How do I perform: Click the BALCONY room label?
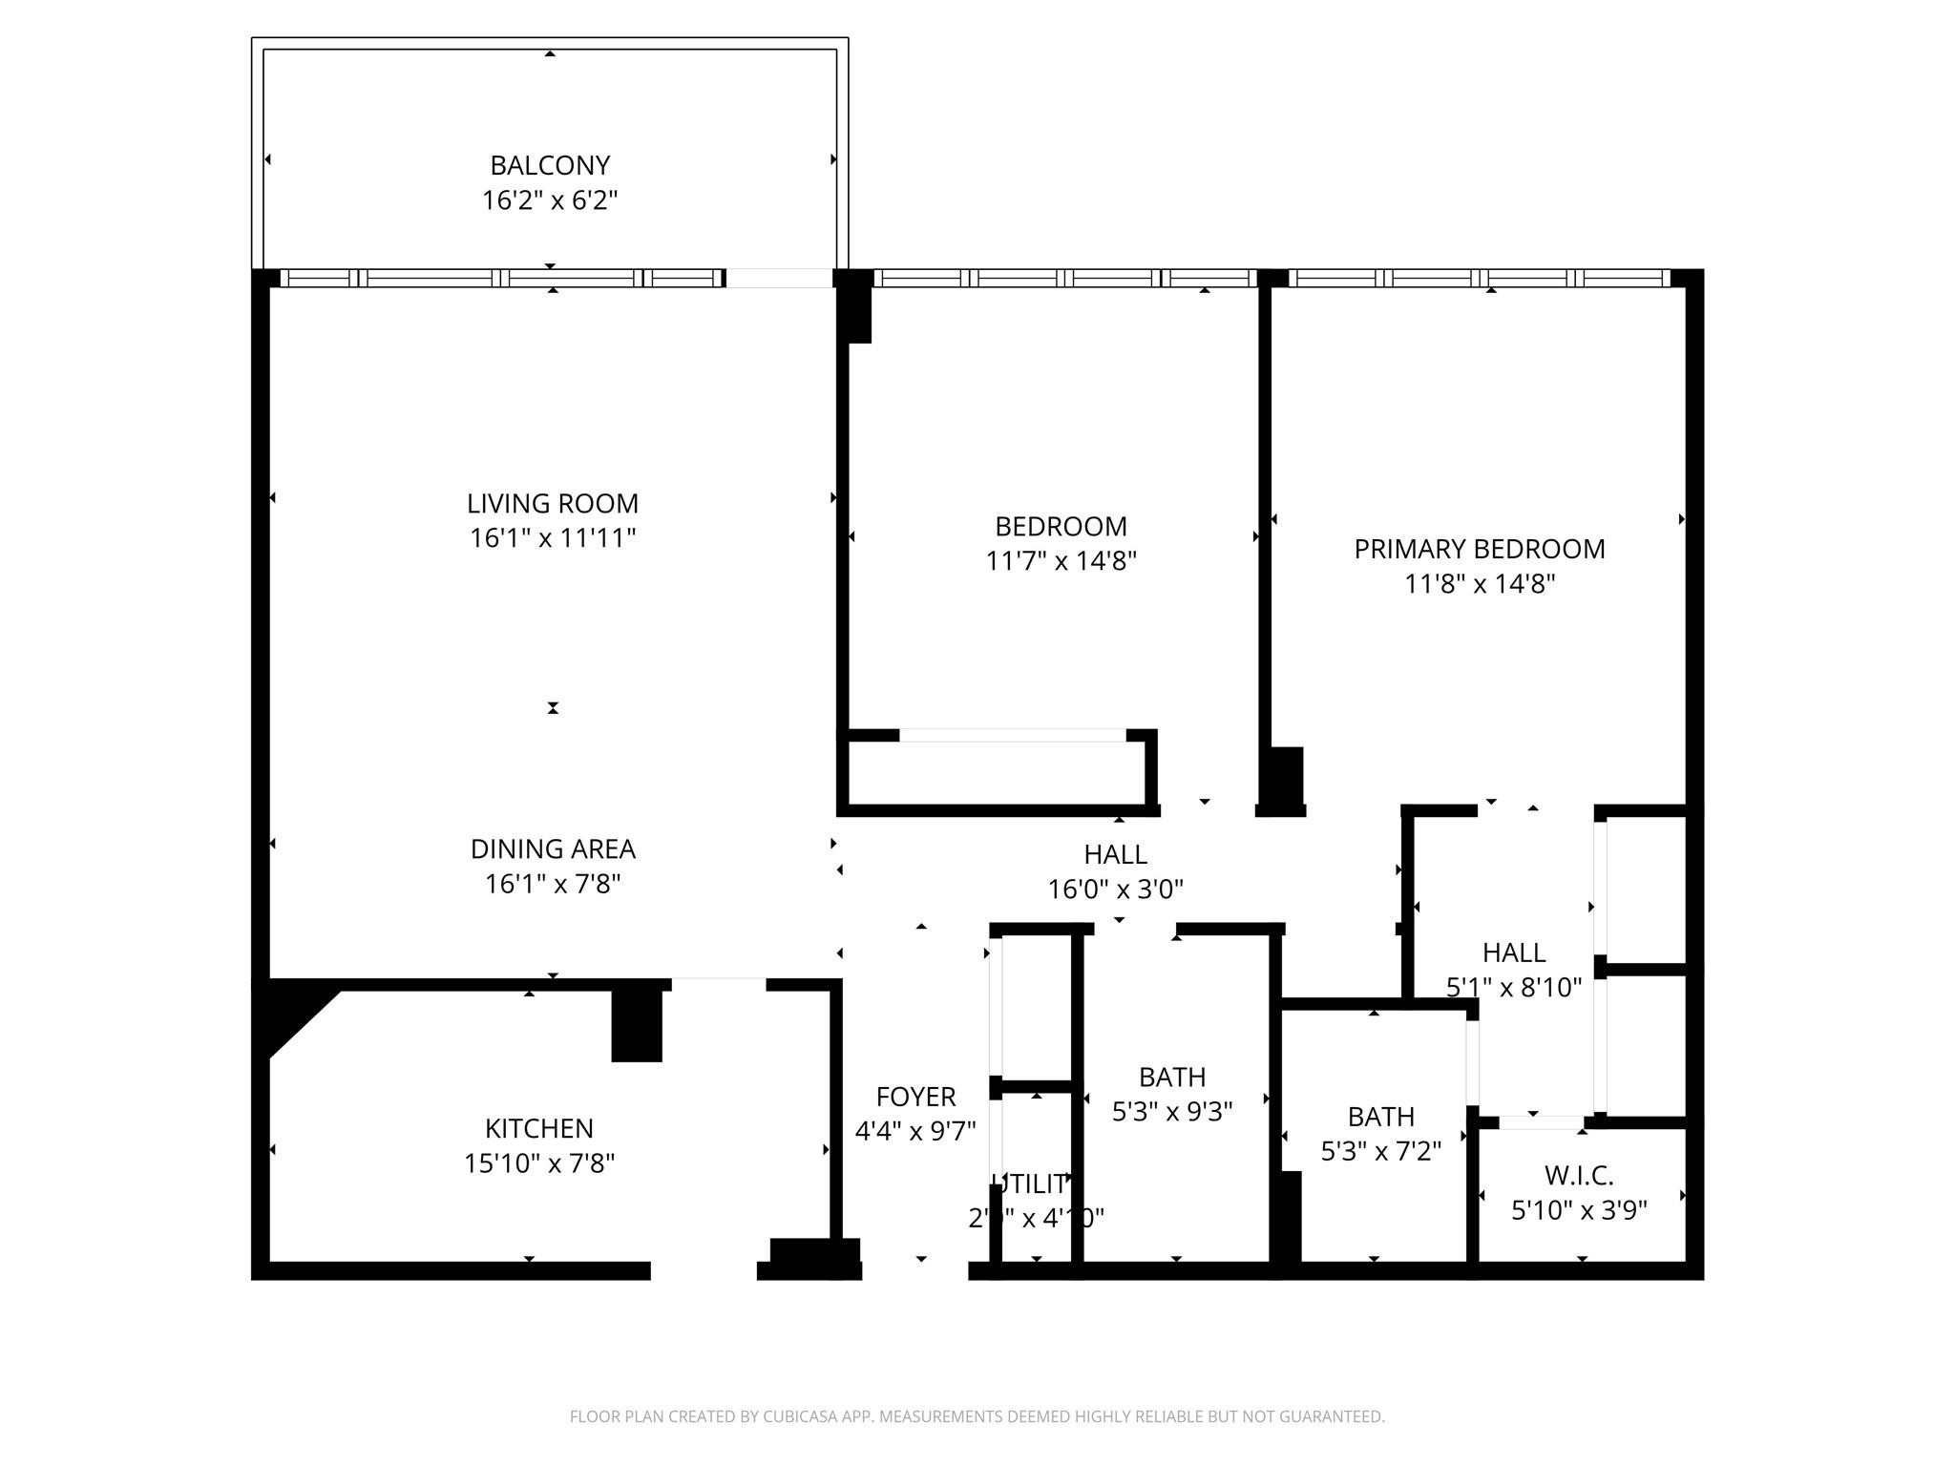[550, 165]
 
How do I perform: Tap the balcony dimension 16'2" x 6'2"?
[550, 200]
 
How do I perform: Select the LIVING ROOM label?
[552, 503]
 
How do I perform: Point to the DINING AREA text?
[552, 848]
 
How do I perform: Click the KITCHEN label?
[538, 1128]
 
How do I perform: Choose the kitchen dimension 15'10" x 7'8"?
[538, 1163]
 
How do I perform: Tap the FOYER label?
[915, 1097]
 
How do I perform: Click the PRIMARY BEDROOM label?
[1479, 549]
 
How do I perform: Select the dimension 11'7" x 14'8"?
[1061, 560]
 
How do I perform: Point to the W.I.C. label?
[1578, 1175]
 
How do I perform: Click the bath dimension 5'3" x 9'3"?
[1171, 1112]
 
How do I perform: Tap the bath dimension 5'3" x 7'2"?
[1380, 1151]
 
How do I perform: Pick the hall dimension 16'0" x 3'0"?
[1115, 890]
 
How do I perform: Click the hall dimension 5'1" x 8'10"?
[1514, 988]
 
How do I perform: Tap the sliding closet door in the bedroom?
[1012, 735]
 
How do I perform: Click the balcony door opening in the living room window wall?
[779, 278]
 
